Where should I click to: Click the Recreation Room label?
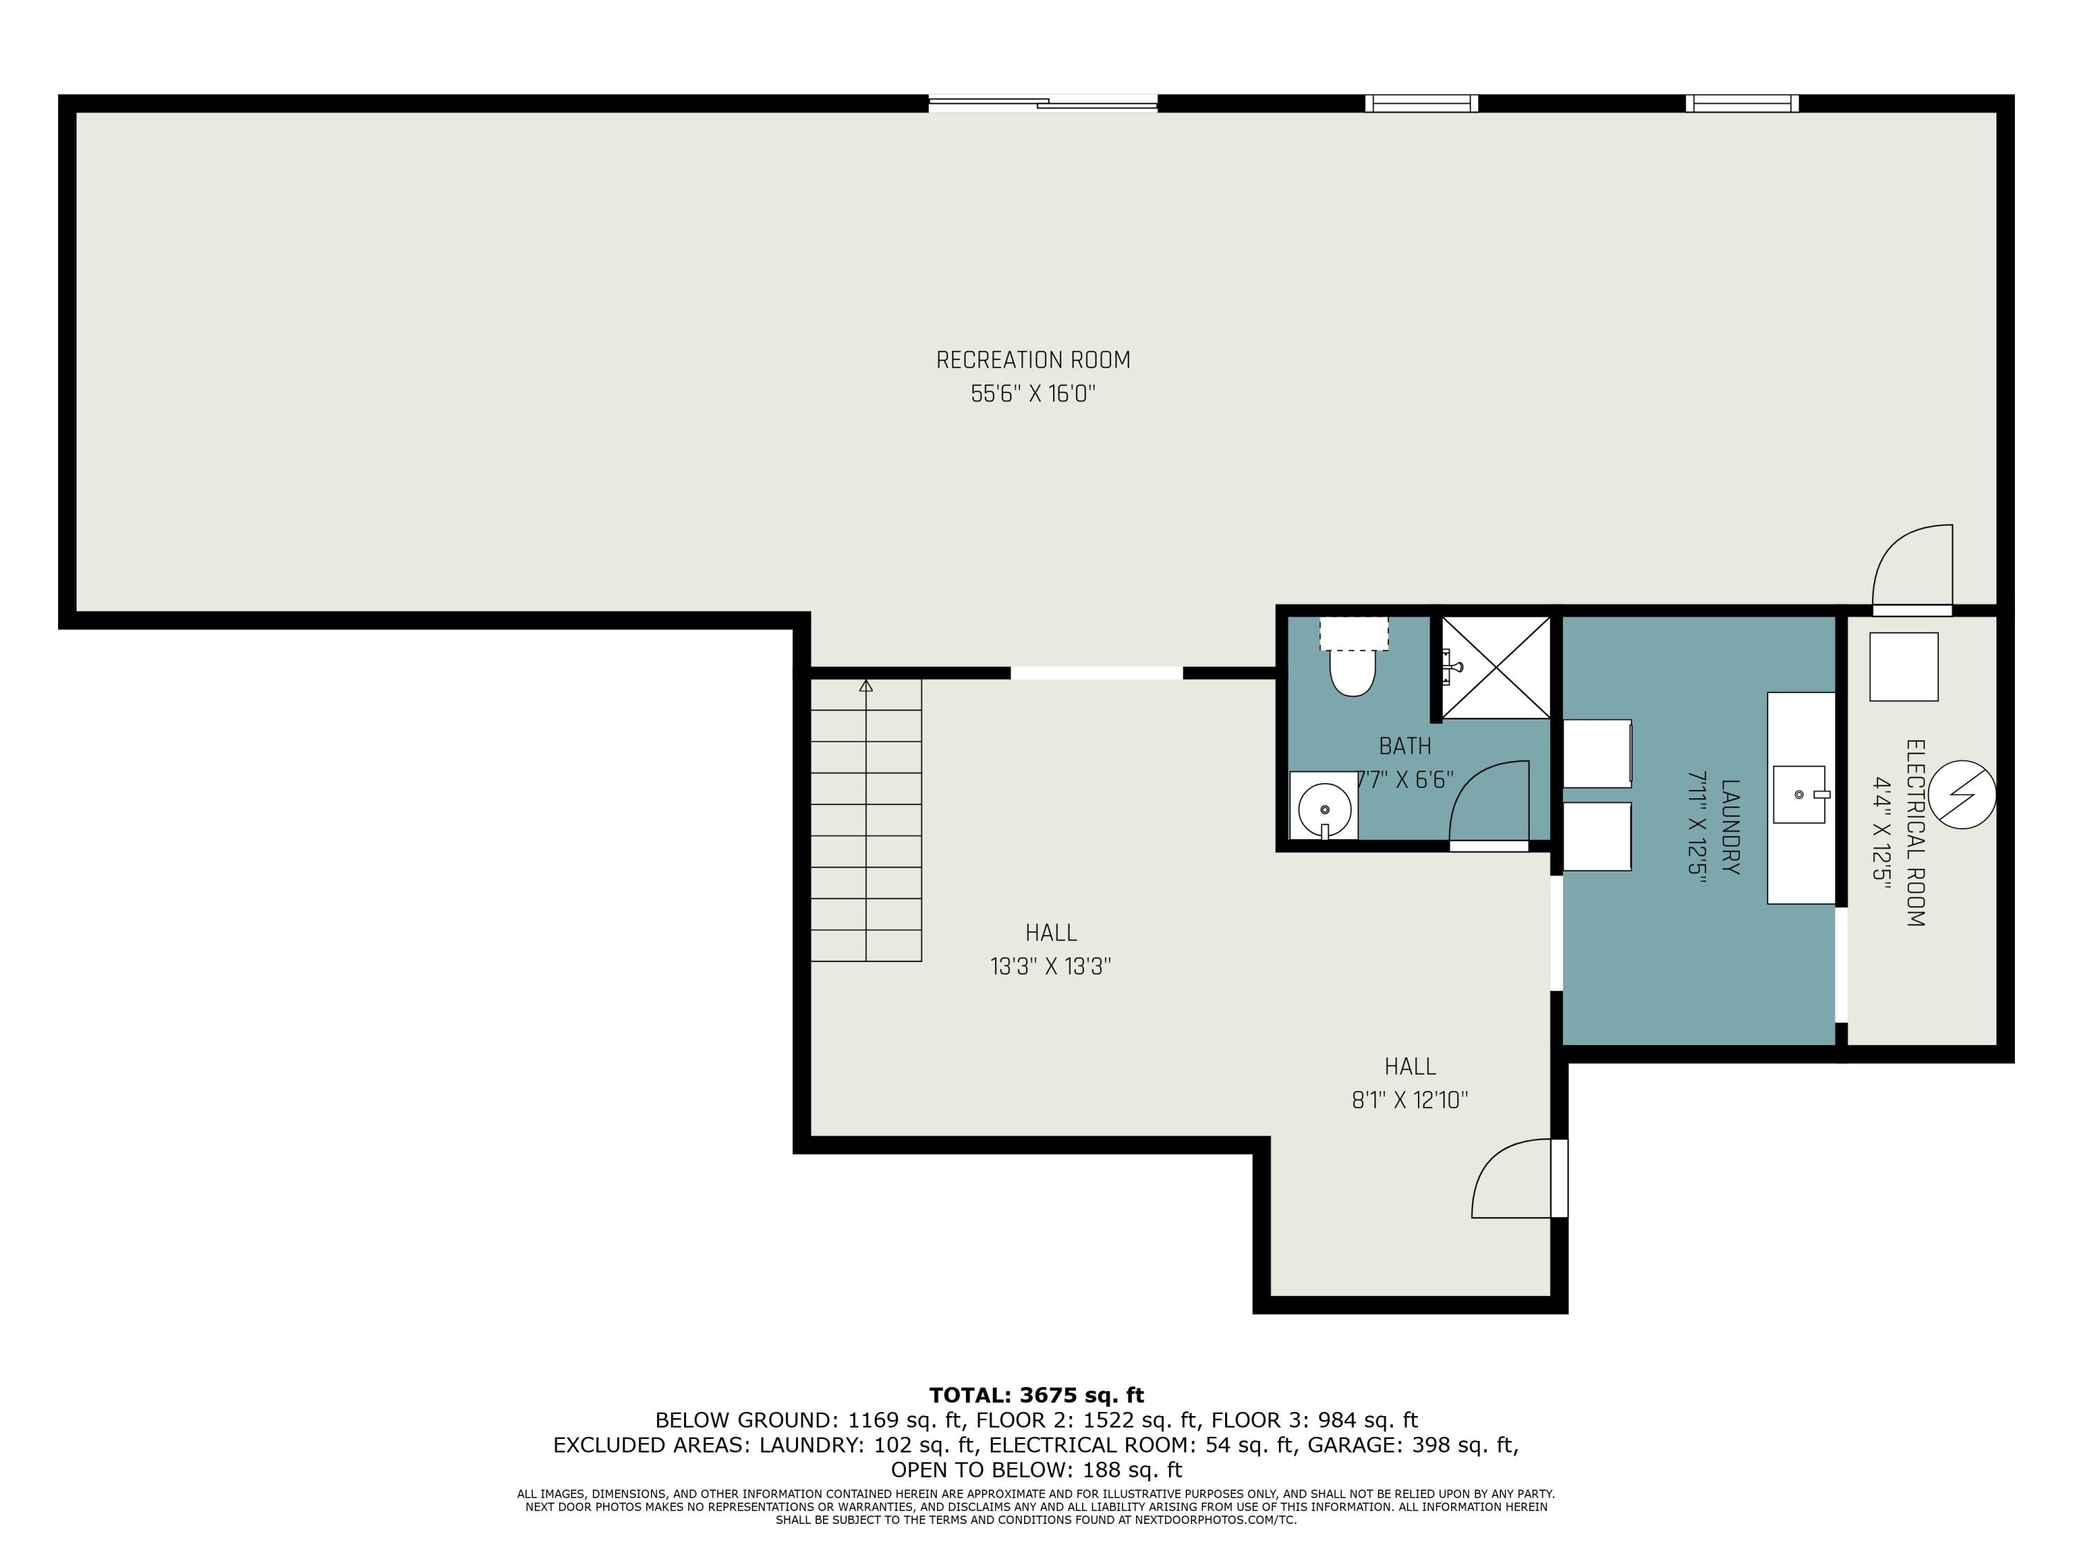[1033, 360]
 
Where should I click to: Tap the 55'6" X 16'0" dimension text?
[1033, 394]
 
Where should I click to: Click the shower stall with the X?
[1496, 668]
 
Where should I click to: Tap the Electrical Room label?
[1915, 833]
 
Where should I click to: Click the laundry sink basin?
[1799, 795]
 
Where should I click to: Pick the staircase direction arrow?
[866, 687]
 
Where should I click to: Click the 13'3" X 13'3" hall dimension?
[1050, 966]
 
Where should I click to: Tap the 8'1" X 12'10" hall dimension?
[1410, 1100]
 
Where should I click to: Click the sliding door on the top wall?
[1043, 103]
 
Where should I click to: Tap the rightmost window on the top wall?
[1742, 103]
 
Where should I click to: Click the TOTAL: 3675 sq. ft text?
[1036, 1395]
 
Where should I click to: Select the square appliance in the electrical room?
[1904, 666]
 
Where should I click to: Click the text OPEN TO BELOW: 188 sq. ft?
[1036, 1470]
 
